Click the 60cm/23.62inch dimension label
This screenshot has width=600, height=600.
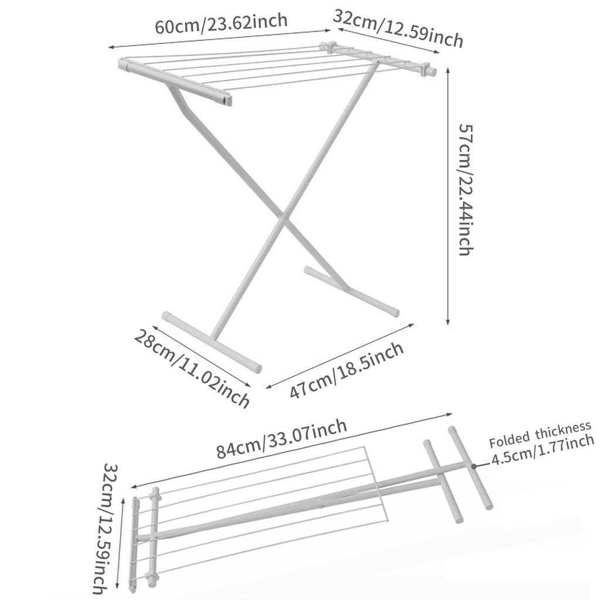pyautogui.click(x=221, y=23)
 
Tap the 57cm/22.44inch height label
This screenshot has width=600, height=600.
pyautogui.click(x=466, y=189)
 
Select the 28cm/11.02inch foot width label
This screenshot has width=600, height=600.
pyautogui.click(x=192, y=369)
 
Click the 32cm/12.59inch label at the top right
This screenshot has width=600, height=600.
pyautogui.click(x=398, y=29)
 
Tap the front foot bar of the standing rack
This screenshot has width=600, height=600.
pyautogui.click(x=212, y=342)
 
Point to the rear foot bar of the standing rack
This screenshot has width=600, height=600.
pyautogui.click(x=352, y=291)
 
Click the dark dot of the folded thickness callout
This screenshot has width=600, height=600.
pyautogui.click(x=473, y=466)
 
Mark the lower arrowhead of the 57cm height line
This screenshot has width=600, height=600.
pyautogui.click(x=448, y=322)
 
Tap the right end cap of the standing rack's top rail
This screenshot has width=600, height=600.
pyautogui.click(x=432, y=71)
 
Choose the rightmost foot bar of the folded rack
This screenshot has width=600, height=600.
pyautogui.click(x=471, y=468)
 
